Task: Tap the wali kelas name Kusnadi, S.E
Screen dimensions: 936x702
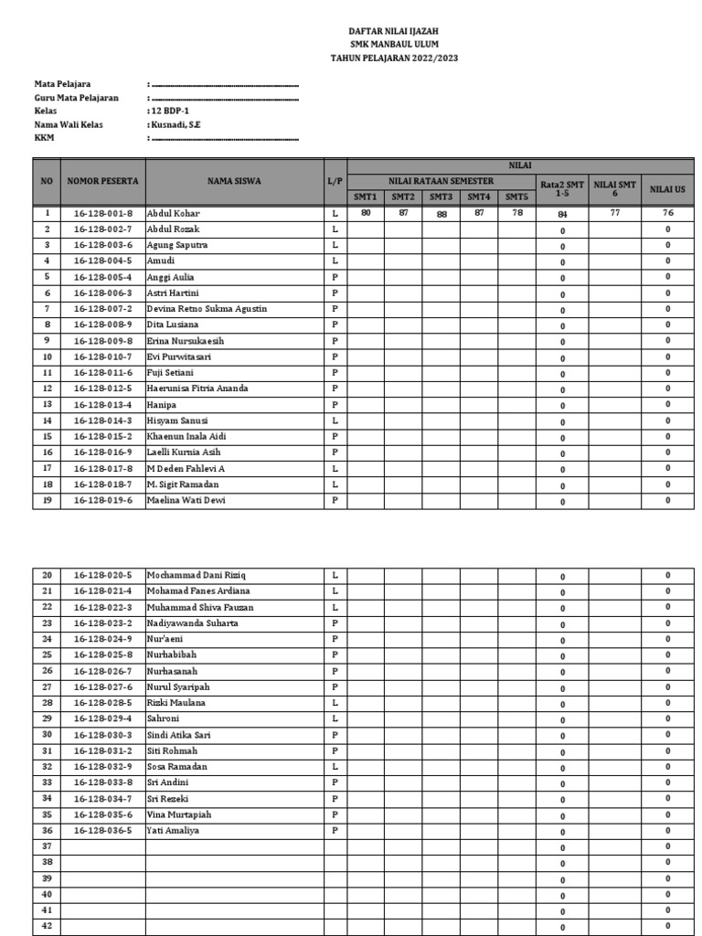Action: pyautogui.click(x=176, y=123)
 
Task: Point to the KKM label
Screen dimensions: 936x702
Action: pyautogui.click(x=45, y=137)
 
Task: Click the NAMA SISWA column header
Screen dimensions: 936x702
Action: pyautogui.click(x=233, y=181)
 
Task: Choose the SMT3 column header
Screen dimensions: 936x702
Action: pyautogui.click(x=441, y=197)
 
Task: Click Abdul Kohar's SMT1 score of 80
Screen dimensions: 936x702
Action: pyautogui.click(x=365, y=212)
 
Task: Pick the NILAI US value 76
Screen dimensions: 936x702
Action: pyautogui.click(x=667, y=213)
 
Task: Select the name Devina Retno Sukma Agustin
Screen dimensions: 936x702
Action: pyautogui.click(x=207, y=309)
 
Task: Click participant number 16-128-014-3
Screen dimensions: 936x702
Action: pyautogui.click(x=102, y=420)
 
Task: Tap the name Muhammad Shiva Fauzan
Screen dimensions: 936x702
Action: pyautogui.click(x=200, y=607)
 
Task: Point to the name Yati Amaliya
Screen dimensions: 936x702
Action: pyautogui.click(x=173, y=830)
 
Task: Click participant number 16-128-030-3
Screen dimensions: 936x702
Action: pyautogui.click(x=102, y=735)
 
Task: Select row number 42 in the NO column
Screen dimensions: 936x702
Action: pyautogui.click(x=47, y=926)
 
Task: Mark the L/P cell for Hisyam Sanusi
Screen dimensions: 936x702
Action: pyautogui.click(x=335, y=420)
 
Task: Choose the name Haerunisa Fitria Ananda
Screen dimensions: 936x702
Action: pyautogui.click(x=197, y=388)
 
